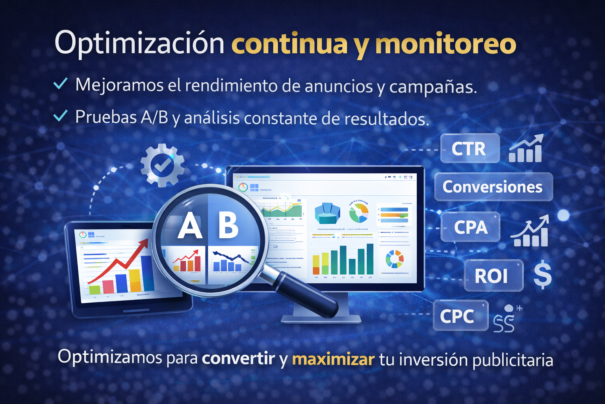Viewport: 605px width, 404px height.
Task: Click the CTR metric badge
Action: [470, 149]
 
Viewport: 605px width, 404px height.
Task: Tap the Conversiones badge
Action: [493, 187]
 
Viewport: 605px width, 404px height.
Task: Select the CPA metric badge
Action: [470, 227]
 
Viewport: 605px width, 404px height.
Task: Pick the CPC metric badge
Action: [460, 316]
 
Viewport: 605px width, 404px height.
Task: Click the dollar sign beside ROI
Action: [543, 275]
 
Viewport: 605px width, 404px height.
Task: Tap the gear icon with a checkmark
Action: [162, 165]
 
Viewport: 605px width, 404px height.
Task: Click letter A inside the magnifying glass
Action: [190, 226]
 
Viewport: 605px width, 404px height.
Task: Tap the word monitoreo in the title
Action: [445, 44]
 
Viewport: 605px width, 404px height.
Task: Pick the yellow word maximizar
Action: [333, 359]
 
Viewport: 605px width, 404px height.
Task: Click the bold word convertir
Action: [238, 358]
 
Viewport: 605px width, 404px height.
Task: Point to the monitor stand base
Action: [321, 319]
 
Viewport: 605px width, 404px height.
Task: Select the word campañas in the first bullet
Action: [432, 87]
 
